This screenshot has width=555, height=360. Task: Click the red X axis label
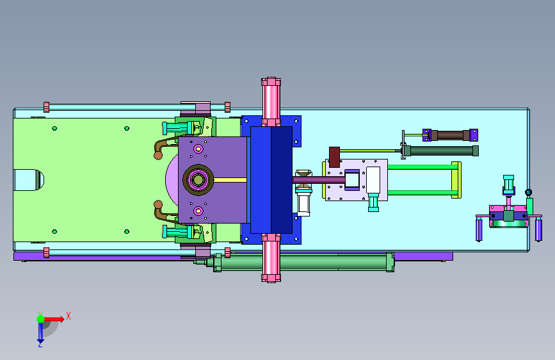pos(68,316)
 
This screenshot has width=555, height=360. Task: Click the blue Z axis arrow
pos(40,332)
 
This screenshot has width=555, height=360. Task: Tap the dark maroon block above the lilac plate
pos(335,157)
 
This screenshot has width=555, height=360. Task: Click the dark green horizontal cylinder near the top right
pos(442,151)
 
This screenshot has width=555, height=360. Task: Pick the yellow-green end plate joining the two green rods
pos(456,180)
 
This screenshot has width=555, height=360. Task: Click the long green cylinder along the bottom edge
pos(303,263)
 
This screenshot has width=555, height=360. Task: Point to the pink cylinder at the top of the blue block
pos(271,101)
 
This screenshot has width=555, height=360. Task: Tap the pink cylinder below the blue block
pos(271,258)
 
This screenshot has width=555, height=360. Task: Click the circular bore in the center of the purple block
pos(198,179)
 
